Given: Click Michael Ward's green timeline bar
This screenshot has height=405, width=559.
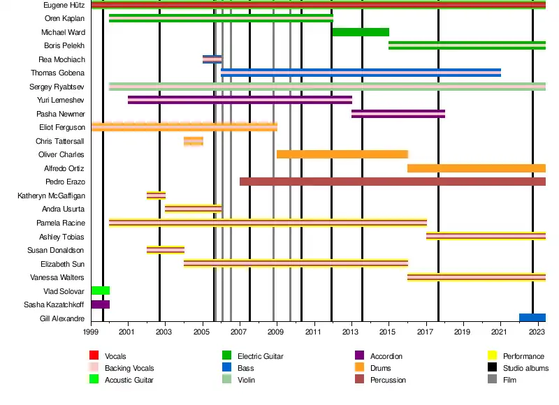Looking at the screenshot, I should (x=361, y=32).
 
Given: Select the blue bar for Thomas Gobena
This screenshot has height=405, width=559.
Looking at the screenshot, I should (x=361, y=73).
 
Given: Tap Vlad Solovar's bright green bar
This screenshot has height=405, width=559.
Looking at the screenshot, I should (x=100, y=290).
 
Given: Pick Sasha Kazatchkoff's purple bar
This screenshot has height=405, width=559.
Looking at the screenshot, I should (x=100, y=304).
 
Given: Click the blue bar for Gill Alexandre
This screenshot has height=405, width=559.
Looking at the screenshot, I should (x=532, y=318).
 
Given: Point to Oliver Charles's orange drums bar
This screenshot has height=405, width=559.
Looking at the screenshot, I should (x=342, y=154).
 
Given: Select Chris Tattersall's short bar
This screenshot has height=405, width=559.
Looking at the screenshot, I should (x=194, y=141).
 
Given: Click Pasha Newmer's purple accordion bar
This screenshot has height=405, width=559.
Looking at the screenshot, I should (x=398, y=114).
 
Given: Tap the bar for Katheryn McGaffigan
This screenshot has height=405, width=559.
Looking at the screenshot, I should (x=156, y=196).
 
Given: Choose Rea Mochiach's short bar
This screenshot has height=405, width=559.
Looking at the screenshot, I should (x=212, y=59).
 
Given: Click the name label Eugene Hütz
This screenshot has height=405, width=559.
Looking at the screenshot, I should (x=64, y=5).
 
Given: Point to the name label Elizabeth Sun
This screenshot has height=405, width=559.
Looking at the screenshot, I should (x=64, y=264).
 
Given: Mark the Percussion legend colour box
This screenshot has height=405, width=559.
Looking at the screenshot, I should (x=360, y=380).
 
